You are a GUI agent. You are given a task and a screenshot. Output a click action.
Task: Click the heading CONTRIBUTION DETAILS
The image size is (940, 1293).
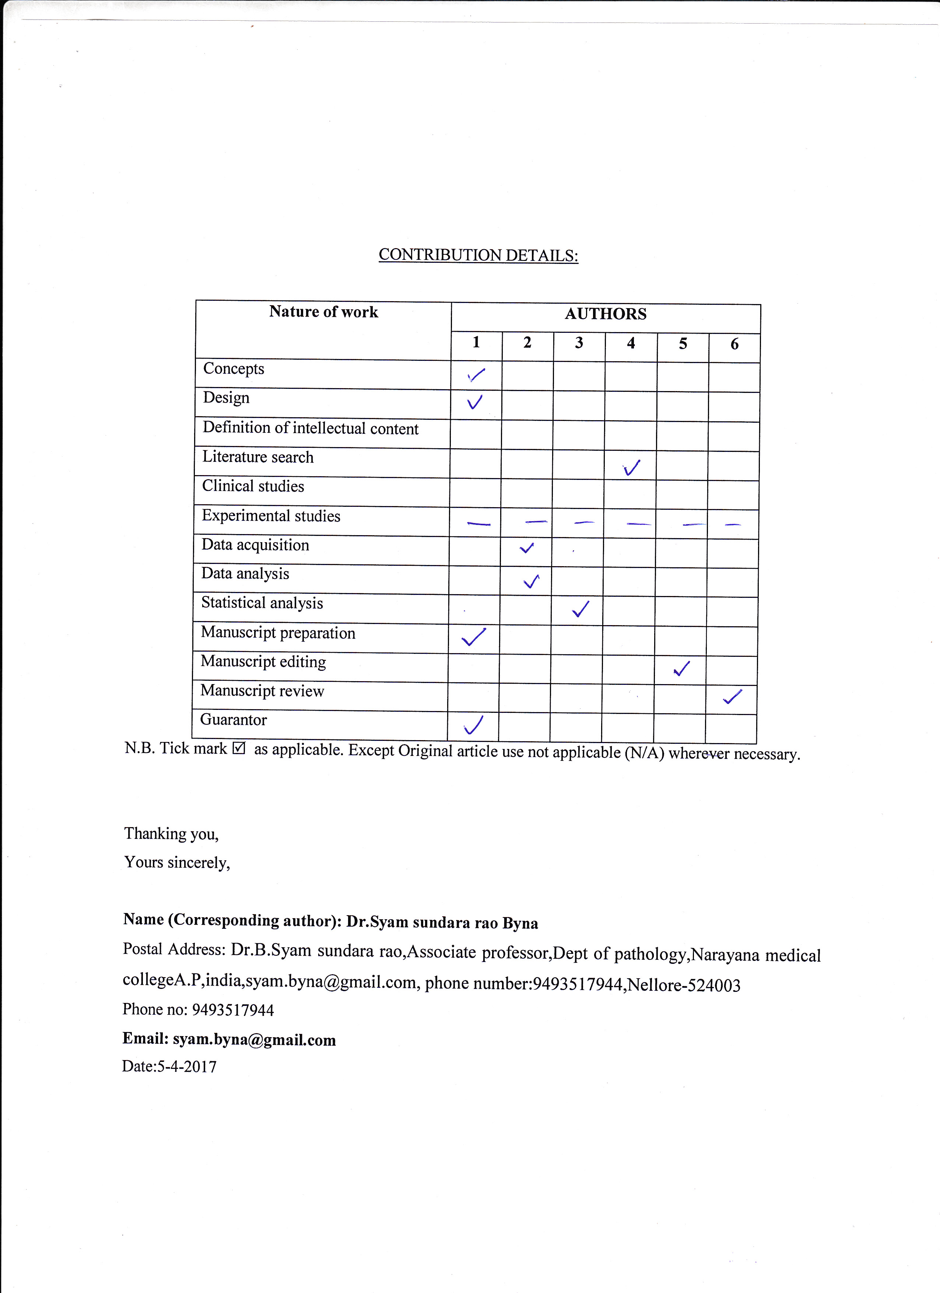point(478,255)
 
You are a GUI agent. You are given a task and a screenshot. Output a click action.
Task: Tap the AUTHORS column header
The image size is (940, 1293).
point(606,314)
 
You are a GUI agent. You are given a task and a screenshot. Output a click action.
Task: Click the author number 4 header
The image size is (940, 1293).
point(631,343)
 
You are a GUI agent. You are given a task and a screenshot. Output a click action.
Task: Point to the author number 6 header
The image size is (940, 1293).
point(734,344)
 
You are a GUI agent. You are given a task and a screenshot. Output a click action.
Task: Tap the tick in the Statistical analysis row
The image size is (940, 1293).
point(581,609)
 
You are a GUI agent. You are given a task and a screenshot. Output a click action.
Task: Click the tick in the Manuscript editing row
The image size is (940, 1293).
point(681,668)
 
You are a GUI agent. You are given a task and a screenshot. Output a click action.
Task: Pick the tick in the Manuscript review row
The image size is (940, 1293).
point(732,697)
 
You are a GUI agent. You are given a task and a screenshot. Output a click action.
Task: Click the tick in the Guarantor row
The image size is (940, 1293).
point(473,725)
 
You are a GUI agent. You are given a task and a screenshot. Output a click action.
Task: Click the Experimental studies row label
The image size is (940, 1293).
point(271,516)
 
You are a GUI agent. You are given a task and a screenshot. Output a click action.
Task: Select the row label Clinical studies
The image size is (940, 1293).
point(253,486)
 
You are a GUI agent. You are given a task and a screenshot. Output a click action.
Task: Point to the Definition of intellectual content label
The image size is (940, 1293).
point(311,428)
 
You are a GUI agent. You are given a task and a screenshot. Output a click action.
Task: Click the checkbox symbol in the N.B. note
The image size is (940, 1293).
point(239,748)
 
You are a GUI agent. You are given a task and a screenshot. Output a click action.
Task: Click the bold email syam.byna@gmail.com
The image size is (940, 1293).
point(254,1039)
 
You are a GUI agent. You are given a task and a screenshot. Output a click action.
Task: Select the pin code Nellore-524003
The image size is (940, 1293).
point(684,985)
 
